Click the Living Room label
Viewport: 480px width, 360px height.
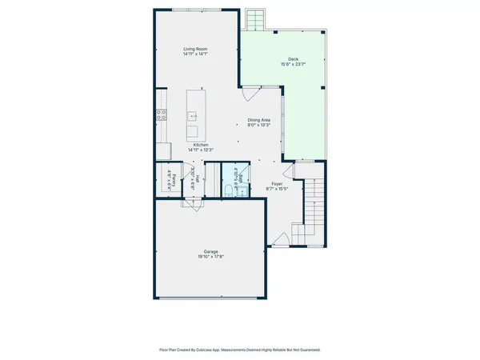click(x=196, y=50)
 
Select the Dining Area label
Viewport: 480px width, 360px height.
click(x=258, y=120)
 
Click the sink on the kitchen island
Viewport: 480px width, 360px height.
click(x=193, y=116)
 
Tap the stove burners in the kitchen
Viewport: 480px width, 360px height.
click(x=161, y=114)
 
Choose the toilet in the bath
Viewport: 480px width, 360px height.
click(x=228, y=189)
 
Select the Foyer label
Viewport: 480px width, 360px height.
click(x=277, y=184)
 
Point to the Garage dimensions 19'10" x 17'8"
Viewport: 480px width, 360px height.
click(x=210, y=256)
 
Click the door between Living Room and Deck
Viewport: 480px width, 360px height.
click(x=250, y=94)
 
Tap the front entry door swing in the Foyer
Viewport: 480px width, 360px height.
click(x=281, y=238)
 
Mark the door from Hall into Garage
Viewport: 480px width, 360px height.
click(x=193, y=203)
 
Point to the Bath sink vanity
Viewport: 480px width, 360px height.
click(x=234, y=172)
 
